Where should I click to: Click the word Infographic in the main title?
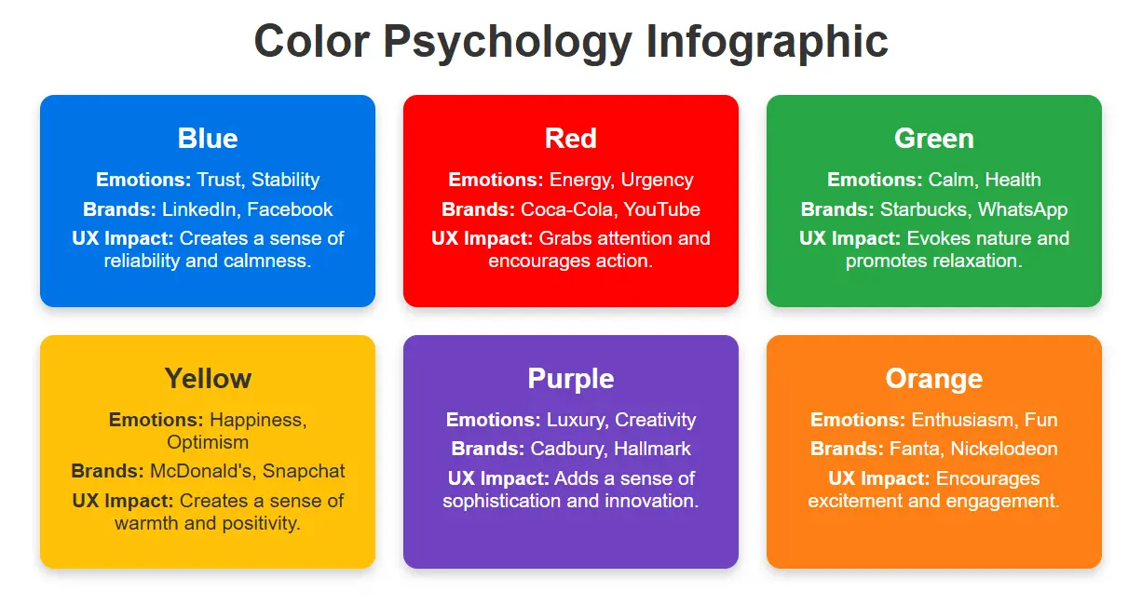tap(767, 42)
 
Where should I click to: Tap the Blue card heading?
tap(208, 139)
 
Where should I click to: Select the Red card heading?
tap(570, 139)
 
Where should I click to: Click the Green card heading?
tap(933, 139)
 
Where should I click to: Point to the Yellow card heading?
tap(208, 379)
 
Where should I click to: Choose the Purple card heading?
tap(570, 379)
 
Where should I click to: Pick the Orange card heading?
tap(933, 379)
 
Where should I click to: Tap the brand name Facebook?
tap(290, 209)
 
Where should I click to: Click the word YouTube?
tap(662, 209)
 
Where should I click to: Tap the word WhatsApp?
tap(1023, 209)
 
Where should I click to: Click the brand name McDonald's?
tap(194, 471)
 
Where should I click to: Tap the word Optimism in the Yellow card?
tap(208, 442)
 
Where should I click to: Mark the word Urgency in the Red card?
tap(658, 180)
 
